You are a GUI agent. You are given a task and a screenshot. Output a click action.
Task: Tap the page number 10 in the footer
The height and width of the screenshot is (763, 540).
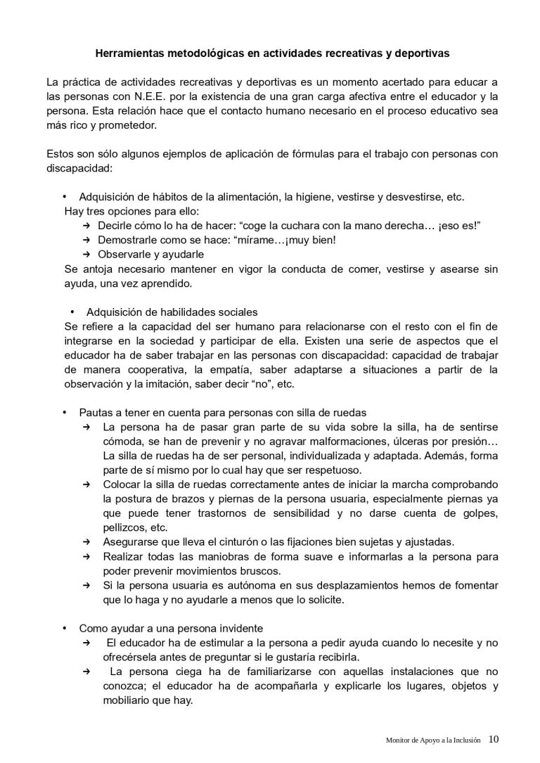494,739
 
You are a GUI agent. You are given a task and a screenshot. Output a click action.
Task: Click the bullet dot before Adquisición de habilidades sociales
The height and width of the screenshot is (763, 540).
73,312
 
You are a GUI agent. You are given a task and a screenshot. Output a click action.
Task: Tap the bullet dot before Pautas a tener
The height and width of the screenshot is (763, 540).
64,412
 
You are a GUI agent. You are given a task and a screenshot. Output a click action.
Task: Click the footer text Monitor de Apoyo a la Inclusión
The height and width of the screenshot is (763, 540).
434,740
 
